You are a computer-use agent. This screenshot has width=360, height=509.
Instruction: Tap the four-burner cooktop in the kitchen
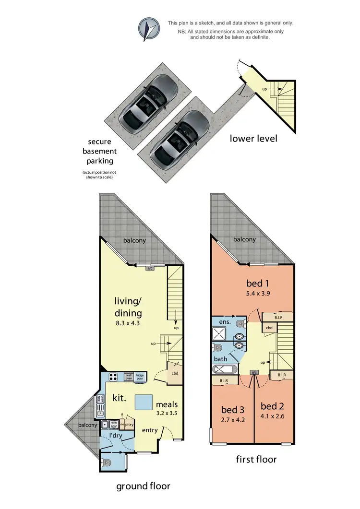[114, 377]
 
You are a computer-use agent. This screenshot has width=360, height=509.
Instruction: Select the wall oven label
[129, 377]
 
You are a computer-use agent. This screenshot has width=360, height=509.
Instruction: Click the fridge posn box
[140, 377]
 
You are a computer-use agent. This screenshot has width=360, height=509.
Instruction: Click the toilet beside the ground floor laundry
[107, 463]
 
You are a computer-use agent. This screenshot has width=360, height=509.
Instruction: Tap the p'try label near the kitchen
[129, 425]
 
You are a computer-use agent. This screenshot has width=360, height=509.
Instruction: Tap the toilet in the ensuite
[240, 322]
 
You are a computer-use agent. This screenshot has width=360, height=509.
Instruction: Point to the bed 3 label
[233, 410]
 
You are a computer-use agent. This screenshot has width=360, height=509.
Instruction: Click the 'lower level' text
[253, 139]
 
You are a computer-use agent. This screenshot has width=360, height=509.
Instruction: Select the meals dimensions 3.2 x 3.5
[166, 412]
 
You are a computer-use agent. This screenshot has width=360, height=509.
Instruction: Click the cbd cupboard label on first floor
[270, 328]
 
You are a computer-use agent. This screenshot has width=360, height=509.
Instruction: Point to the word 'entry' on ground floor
[149, 430]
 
